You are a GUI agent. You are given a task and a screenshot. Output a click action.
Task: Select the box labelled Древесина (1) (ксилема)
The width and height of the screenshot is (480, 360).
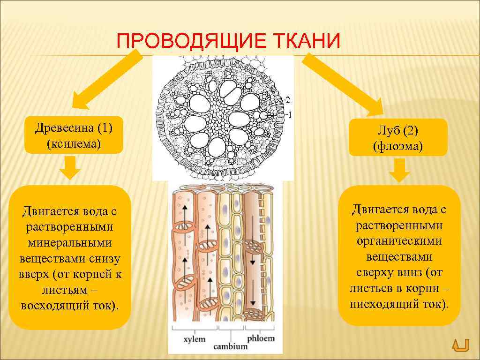pyautogui.click(x=73, y=135)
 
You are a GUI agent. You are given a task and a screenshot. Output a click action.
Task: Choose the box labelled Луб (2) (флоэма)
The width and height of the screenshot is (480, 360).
pyautogui.click(x=397, y=138)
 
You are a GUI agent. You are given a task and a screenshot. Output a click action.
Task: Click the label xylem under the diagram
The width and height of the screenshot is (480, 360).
pyautogui.click(x=194, y=338)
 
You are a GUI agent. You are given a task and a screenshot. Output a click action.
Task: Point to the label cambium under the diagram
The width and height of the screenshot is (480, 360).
pyautogui.click(x=230, y=346)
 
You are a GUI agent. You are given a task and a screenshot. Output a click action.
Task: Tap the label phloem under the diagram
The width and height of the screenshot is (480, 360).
pyautogui.click(x=261, y=338)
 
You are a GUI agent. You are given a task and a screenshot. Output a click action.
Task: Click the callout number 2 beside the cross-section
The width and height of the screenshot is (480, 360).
pyautogui.click(x=288, y=99)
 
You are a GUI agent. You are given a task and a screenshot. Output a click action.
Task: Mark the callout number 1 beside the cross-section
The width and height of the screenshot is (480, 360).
pyautogui.click(x=289, y=114)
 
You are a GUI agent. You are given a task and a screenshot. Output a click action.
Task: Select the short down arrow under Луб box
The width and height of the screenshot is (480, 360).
pyautogui.click(x=399, y=171)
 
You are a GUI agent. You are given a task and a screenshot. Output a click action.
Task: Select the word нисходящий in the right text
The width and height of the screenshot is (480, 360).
pyautogui.click(x=380, y=304)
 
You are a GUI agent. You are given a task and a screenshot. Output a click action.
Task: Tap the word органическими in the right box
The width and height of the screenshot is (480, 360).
pyautogui.click(x=399, y=241)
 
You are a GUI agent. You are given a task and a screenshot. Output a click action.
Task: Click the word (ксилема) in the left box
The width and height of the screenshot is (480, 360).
pyautogui.click(x=73, y=143)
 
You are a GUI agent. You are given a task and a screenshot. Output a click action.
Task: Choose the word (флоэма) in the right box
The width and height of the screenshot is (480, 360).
pyautogui.click(x=397, y=147)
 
